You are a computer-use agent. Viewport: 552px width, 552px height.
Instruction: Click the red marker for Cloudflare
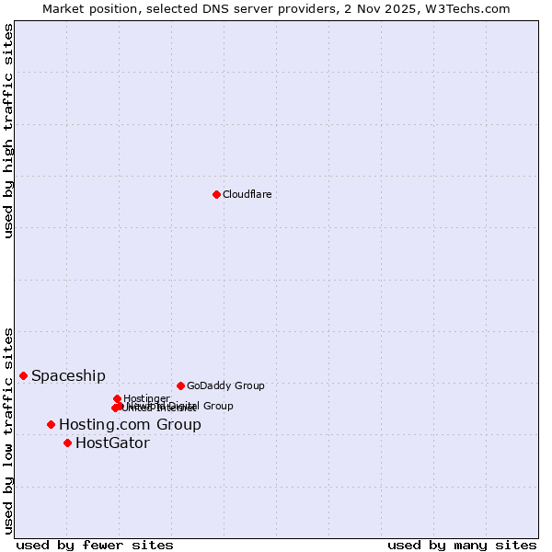216,194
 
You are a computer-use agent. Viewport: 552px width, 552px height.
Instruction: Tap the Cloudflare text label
247,194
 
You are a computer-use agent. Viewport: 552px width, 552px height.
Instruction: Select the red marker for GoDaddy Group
180,385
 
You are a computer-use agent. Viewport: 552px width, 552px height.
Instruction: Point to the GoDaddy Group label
225,385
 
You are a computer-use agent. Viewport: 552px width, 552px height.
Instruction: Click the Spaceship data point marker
23,375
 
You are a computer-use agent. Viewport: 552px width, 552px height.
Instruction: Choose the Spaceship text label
68,375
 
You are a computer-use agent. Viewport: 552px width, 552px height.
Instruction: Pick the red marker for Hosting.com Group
51,424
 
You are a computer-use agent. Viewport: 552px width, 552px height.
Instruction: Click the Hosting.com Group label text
130,424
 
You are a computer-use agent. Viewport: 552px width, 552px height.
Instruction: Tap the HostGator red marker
67,443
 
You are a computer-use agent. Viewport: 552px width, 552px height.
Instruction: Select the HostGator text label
112,443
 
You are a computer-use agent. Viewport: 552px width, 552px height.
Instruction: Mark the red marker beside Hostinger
117,398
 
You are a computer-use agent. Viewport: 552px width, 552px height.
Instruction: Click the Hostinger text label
146,398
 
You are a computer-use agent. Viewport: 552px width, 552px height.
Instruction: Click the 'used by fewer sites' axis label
95,545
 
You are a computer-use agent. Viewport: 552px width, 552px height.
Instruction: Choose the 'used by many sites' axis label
462,545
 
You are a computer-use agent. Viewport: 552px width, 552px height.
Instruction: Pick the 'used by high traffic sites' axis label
8,131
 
